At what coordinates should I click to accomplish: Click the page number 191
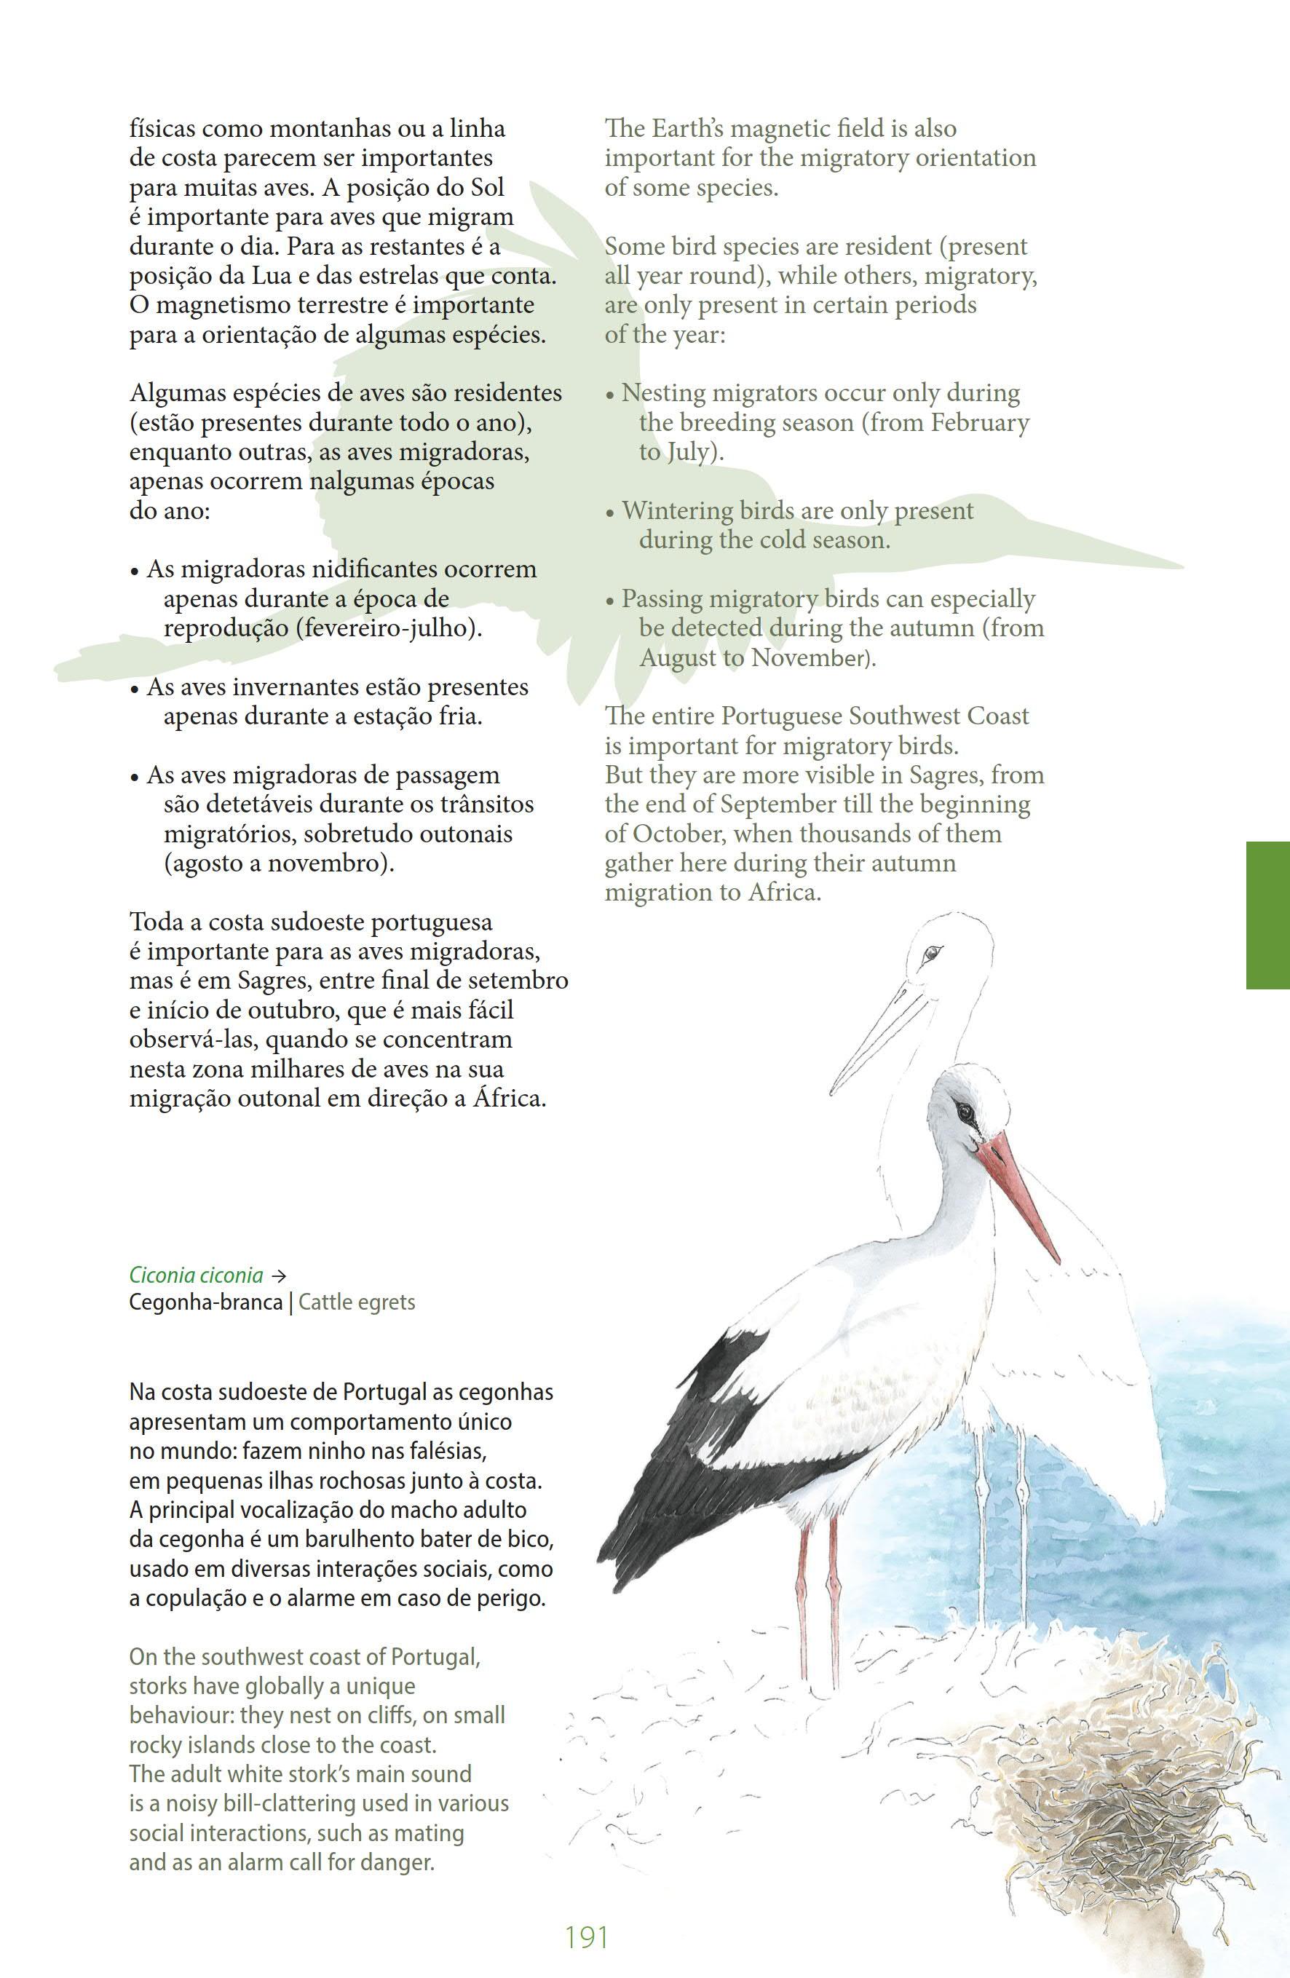coord(586,1937)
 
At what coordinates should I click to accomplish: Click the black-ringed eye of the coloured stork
coord(963,1110)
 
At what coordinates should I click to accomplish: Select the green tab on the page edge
coord(1267,915)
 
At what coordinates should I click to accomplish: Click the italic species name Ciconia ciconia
coord(196,1274)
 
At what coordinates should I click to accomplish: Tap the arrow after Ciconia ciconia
coord(280,1275)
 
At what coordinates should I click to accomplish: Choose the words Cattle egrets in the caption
coord(357,1302)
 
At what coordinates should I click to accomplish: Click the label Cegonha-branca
coord(205,1302)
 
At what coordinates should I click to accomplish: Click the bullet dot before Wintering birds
coord(610,513)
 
